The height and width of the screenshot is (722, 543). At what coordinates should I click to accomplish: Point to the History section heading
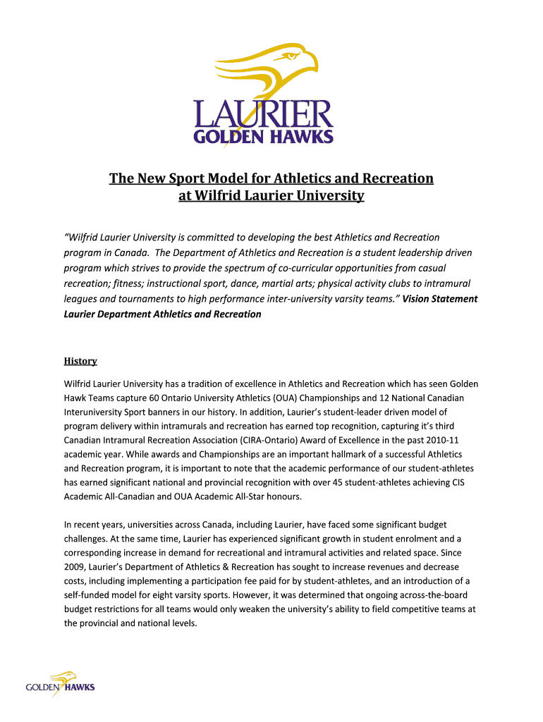point(80,361)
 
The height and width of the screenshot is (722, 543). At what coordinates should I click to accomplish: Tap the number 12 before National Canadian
point(369,397)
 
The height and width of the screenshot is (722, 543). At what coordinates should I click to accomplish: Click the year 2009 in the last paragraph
point(75,567)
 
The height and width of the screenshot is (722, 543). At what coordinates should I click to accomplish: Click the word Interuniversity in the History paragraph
point(97,412)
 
